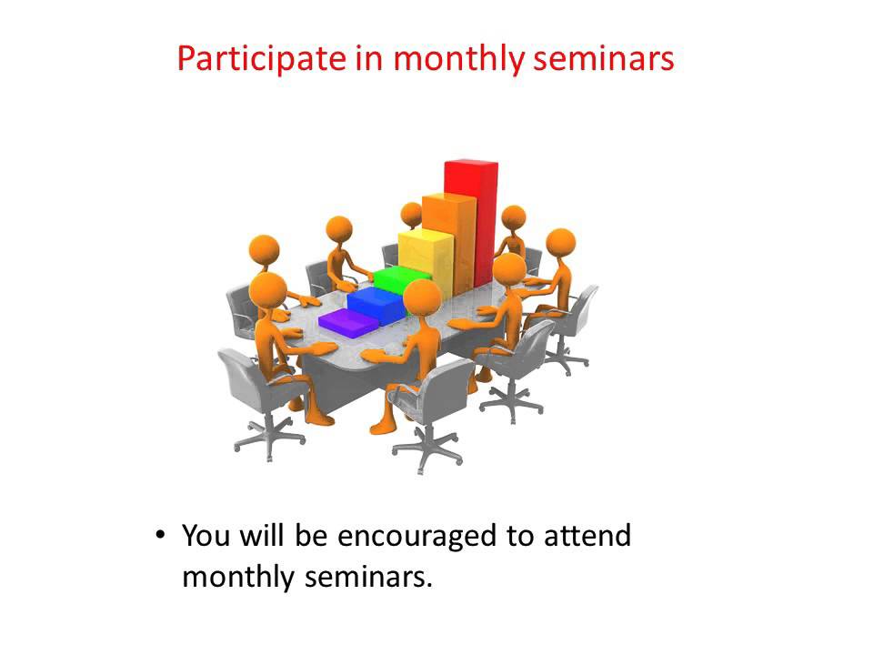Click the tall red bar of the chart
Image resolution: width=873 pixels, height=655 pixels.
[x=471, y=218]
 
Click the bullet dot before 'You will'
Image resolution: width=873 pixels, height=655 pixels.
[x=160, y=536]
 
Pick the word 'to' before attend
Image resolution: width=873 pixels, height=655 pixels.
[x=520, y=536]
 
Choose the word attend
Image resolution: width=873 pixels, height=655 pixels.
[x=587, y=536]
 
